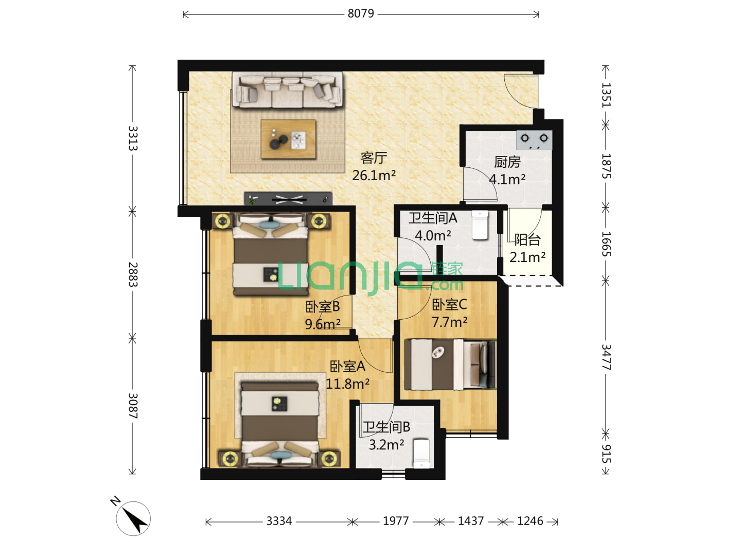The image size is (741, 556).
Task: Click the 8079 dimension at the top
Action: (361, 13)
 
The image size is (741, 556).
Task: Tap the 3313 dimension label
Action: (133, 138)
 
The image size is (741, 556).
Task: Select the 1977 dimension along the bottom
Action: (396, 521)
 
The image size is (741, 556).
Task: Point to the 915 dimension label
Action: (606, 454)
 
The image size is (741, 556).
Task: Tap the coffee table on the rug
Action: (288, 139)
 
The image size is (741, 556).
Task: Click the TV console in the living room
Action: (288, 199)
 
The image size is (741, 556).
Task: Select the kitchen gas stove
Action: (534, 140)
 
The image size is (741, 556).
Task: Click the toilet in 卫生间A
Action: (480, 225)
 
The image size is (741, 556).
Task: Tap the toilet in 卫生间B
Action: (421, 454)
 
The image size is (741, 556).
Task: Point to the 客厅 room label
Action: (374, 158)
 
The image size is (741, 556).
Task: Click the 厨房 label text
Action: (507, 162)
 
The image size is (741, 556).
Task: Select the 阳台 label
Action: (527, 240)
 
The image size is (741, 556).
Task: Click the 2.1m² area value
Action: (527, 257)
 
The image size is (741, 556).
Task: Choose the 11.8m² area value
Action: (347, 384)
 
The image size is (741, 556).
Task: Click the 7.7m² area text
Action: (450, 322)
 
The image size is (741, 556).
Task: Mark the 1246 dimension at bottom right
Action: (530, 521)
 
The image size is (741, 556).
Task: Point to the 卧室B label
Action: (323, 306)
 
